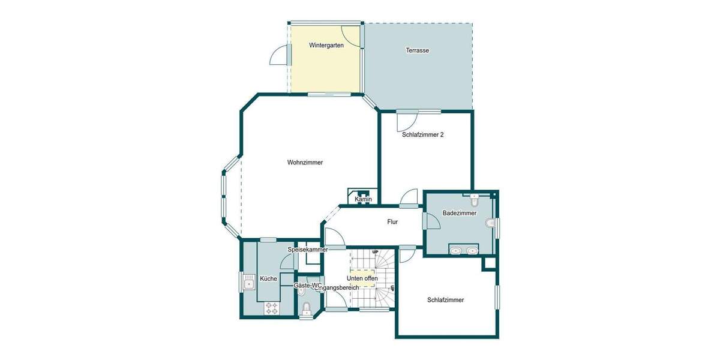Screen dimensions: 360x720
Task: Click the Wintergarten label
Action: (x=326, y=46)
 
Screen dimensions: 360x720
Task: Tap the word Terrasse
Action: (x=417, y=50)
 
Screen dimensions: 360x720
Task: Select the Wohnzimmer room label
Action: (x=305, y=162)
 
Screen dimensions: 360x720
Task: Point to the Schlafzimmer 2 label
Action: (x=422, y=135)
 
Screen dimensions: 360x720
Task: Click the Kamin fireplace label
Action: (x=363, y=199)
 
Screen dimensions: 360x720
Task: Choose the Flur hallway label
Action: (x=392, y=222)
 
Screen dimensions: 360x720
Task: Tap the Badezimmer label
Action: (x=460, y=213)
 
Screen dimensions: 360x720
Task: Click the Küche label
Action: (x=268, y=278)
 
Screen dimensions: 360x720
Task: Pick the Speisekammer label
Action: (x=308, y=249)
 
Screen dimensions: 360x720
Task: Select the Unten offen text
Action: (x=362, y=278)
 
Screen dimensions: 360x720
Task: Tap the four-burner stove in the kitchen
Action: (x=271, y=308)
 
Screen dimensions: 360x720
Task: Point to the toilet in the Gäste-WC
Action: (x=307, y=308)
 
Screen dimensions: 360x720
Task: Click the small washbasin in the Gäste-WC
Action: (x=301, y=292)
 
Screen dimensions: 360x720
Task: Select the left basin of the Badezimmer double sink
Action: (x=455, y=251)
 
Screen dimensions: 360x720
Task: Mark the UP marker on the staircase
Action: (x=375, y=251)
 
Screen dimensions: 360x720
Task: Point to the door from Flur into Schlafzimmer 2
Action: (x=409, y=197)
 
